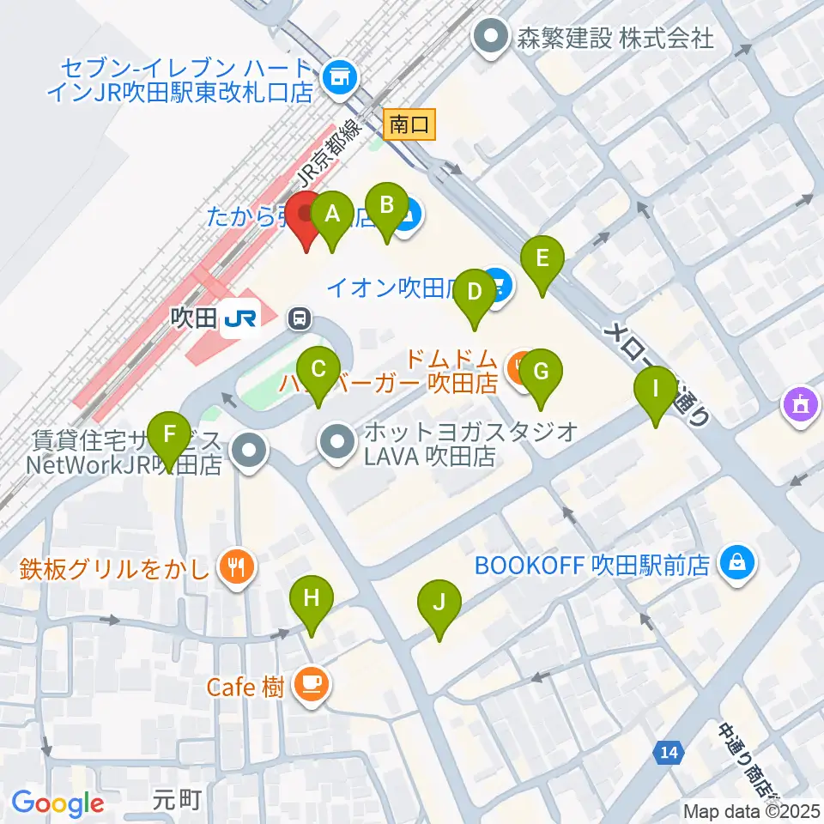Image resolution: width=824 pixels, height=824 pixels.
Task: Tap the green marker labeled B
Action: click(386, 206)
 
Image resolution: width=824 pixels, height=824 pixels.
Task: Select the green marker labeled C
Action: click(318, 371)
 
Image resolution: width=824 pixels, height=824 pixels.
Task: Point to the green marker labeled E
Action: click(542, 259)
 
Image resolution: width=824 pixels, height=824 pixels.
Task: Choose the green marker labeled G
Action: click(540, 373)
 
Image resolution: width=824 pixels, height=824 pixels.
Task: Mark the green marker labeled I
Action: click(656, 390)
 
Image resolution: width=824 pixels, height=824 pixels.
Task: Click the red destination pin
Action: click(307, 215)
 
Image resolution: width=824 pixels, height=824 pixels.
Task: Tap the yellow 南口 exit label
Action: click(409, 125)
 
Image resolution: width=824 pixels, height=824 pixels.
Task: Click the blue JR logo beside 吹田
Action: click(239, 319)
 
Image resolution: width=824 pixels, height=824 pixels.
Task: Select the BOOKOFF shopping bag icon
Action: click(736, 564)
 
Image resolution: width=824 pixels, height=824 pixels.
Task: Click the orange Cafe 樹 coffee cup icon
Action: click(309, 684)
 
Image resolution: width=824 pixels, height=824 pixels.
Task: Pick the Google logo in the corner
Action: click(58, 803)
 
